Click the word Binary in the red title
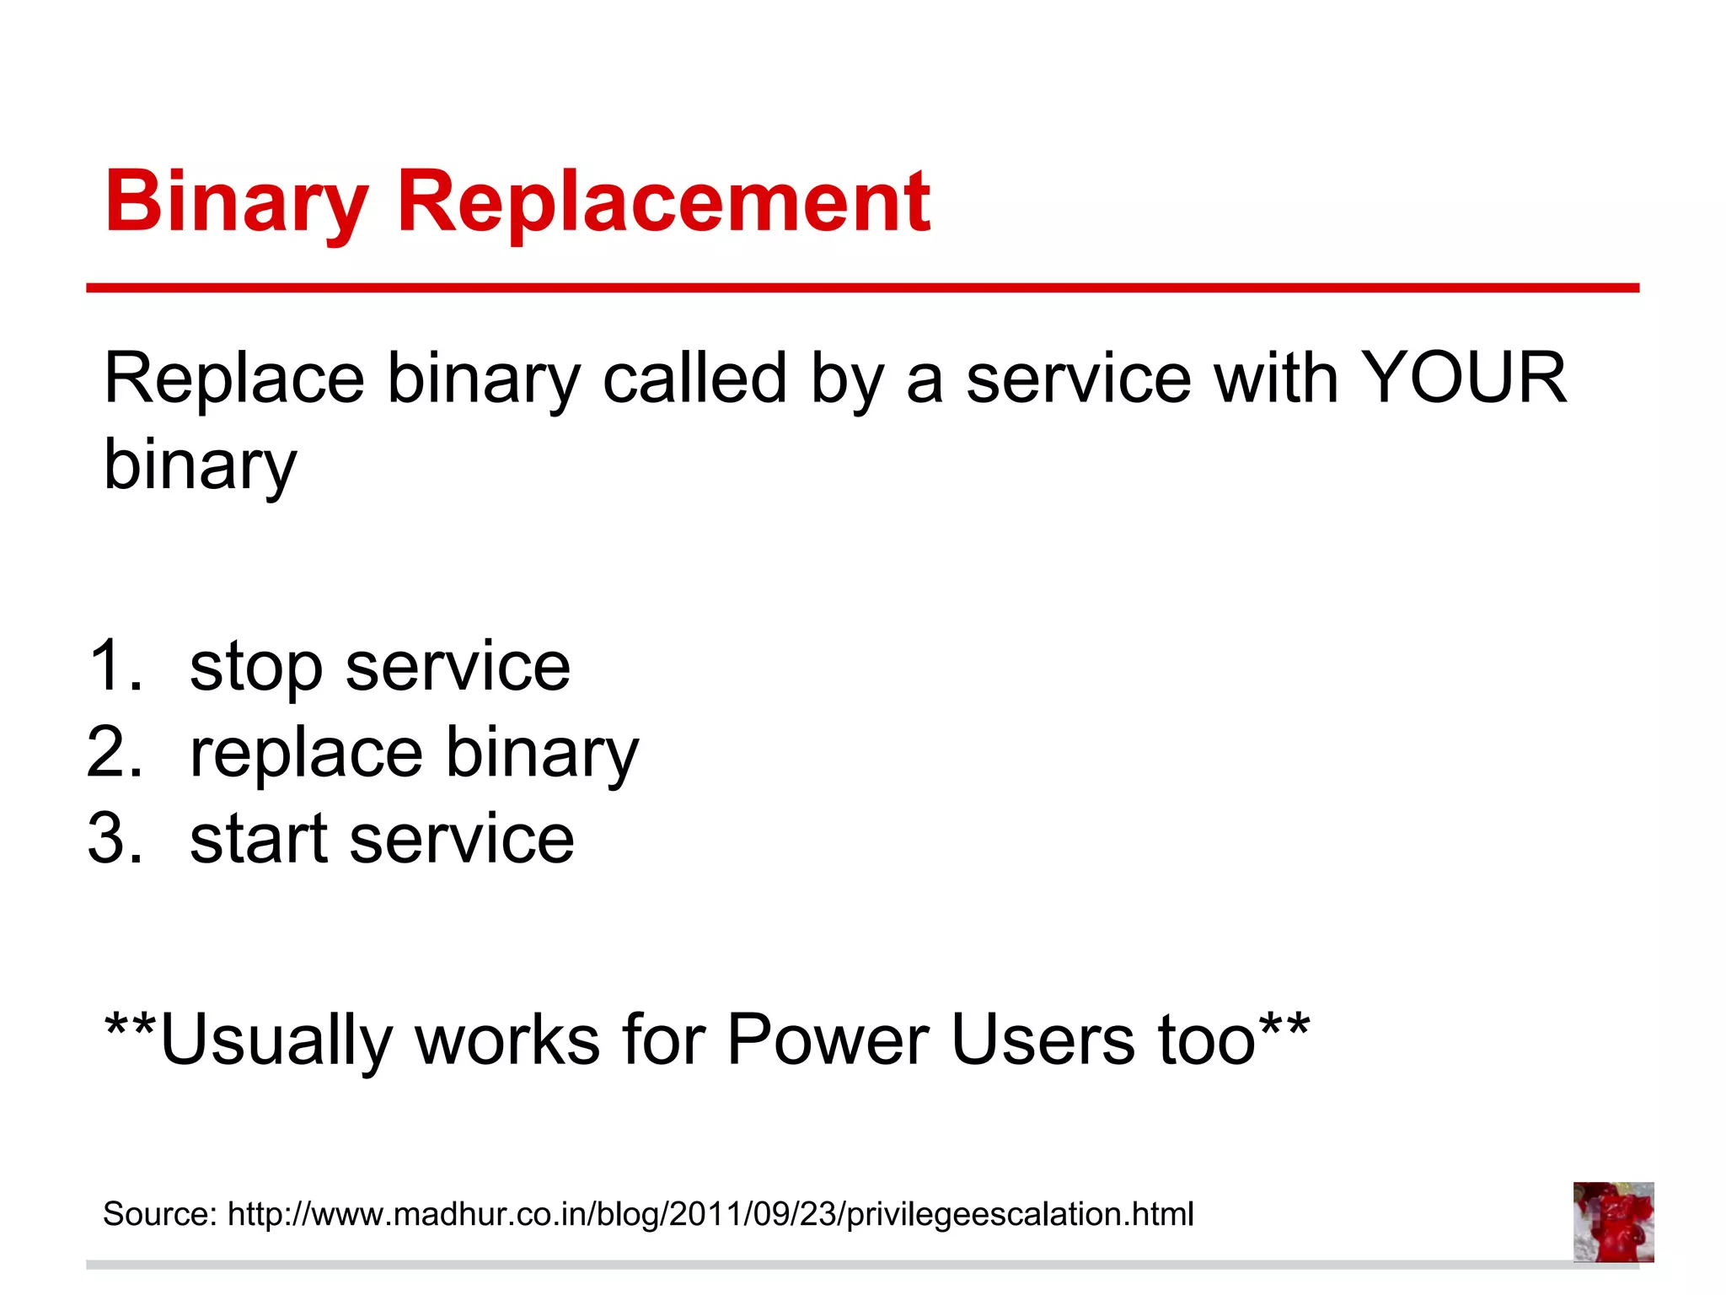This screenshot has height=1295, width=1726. pyautogui.click(x=236, y=202)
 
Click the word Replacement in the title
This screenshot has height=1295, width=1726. pyautogui.click(x=663, y=202)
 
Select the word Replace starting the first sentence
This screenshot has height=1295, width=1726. pyautogui.click(x=233, y=379)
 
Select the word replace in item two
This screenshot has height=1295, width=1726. pyautogui.click(x=306, y=753)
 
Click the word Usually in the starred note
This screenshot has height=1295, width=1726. pyautogui.click(x=276, y=1040)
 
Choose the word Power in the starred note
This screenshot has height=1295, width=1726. pyautogui.click(x=828, y=1039)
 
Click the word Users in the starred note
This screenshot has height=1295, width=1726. pyautogui.click(x=1043, y=1039)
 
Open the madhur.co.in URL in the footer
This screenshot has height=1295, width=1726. pyautogui.click(x=710, y=1215)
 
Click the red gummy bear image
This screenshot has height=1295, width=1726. pyautogui.click(x=1613, y=1222)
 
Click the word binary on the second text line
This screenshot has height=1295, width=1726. pyautogui.click(x=200, y=465)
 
